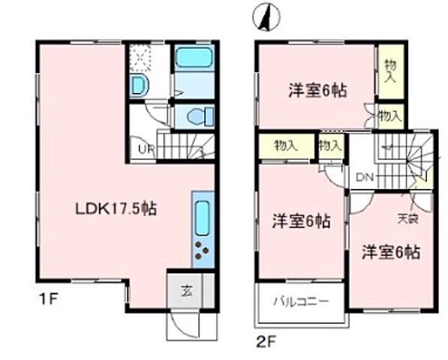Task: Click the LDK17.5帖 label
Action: click(115, 209)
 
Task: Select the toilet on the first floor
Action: click(198, 117)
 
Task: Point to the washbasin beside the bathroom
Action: click(140, 85)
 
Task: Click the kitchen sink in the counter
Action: click(203, 218)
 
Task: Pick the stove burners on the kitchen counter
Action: click(202, 250)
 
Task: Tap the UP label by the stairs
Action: click(146, 148)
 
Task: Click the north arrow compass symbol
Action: click(266, 17)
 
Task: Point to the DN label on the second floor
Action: click(365, 178)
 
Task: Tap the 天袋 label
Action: click(407, 219)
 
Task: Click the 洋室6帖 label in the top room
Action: click(317, 91)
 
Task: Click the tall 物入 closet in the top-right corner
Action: click(390, 71)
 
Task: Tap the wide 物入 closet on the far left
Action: click(284, 145)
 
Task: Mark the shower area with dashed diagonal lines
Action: click(140, 56)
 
